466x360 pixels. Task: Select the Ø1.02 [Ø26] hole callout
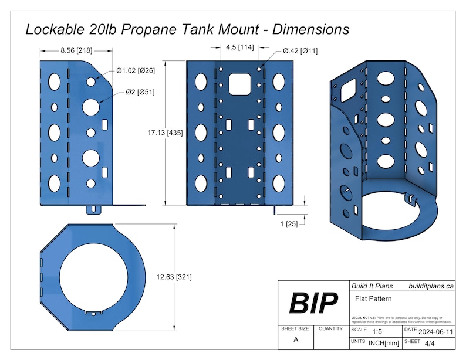click(136, 71)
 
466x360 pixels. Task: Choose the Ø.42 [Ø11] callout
click(300, 51)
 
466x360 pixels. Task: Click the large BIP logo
click(313, 303)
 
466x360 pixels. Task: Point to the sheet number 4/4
click(430, 342)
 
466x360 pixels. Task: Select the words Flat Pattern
click(373, 298)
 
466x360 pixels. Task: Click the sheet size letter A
click(295, 339)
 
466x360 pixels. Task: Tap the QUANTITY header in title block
click(330, 329)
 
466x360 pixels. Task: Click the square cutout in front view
click(239, 83)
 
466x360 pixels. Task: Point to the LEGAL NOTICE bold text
click(364, 317)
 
